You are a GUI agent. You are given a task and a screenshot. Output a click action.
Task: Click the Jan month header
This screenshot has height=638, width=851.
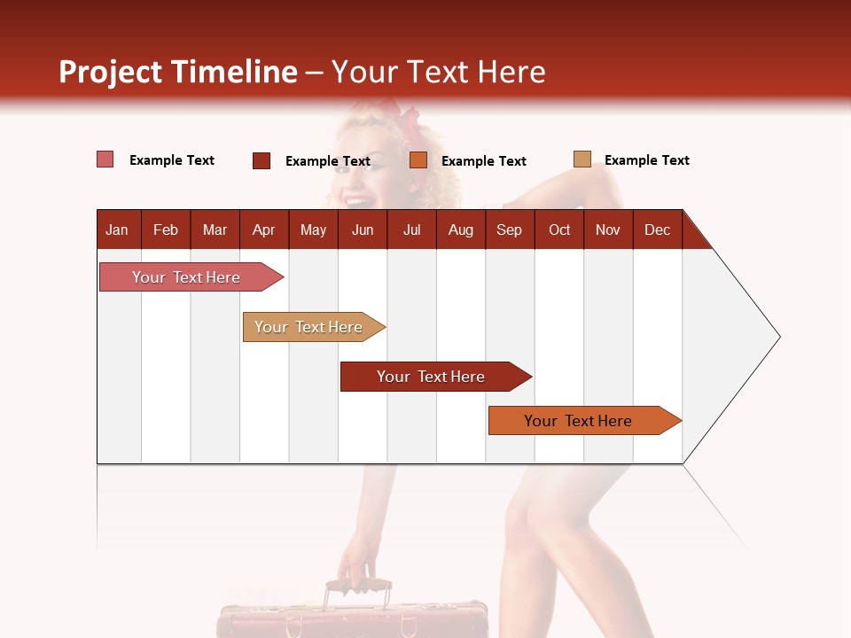[118, 230]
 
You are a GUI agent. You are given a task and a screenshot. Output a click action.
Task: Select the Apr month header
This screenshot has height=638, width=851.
[264, 230]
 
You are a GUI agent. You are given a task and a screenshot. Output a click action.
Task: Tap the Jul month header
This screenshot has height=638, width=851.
[411, 230]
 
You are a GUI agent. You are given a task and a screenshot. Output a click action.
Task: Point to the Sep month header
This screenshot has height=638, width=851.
[509, 230]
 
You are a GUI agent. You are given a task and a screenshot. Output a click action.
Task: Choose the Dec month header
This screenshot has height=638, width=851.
[657, 230]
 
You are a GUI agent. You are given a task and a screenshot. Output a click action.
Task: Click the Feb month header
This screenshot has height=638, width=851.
[166, 230]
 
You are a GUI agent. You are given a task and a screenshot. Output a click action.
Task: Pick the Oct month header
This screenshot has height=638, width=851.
[559, 230]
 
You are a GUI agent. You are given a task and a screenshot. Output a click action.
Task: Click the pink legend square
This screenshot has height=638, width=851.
[105, 159]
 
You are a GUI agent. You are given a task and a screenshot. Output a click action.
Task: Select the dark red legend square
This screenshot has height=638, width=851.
[262, 160]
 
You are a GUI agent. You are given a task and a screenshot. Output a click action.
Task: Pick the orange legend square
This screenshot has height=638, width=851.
[418, 160]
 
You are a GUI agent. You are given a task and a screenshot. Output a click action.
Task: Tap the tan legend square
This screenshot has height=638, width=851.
[582, 159]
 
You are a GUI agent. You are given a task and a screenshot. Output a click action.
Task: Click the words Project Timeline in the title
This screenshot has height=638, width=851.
[178, 72]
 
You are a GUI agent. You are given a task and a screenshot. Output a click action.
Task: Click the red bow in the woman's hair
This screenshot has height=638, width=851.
[403, 120]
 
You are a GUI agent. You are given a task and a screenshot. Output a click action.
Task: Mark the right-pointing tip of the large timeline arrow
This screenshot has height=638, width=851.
[778, 337]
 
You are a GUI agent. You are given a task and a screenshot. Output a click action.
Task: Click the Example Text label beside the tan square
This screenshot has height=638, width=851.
[646, 160]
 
